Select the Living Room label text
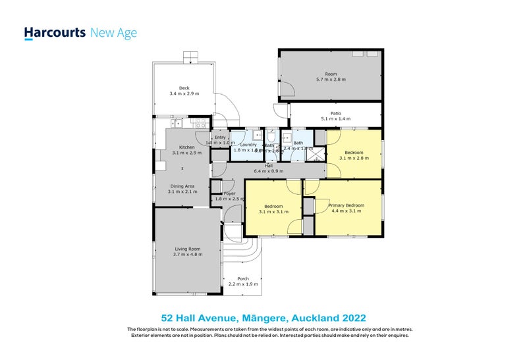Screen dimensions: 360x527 click(x=187, y=249)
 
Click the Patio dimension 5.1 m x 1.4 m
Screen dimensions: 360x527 click(x=335, y=119)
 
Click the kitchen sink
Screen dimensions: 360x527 click(x=177, y=123)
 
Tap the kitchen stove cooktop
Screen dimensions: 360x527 click(x=201, y=124)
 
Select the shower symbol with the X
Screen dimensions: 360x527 click(x=318, y=155)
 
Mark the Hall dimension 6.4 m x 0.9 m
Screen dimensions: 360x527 click(x=269, y=171)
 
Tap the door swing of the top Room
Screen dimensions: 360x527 click(x=287, y=87)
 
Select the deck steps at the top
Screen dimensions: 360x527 click(x=190, y=57)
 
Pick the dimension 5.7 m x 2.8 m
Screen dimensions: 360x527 click(x=331, y=80)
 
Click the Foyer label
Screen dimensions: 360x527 click(x=229, y=193)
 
